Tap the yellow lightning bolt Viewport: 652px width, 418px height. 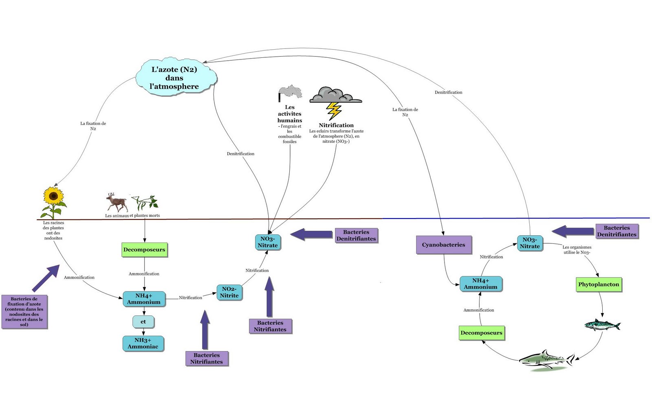[334, 110]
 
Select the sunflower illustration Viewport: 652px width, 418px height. [53, 201]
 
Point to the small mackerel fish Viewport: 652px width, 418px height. [602, 325]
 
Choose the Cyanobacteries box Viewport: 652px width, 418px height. [443, 245]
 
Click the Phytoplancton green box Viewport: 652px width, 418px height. [599, 285]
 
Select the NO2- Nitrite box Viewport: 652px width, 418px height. [229, 292]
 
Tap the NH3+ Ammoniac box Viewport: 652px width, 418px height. [143, 344]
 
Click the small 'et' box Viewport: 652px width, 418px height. [143, 322]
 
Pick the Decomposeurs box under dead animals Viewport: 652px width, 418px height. [144, 249]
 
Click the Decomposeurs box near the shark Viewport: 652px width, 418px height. [481, 333]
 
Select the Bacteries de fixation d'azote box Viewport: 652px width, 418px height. [24, 312]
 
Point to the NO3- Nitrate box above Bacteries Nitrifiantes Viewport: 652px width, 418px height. [268, 242]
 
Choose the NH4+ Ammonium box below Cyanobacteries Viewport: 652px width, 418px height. [480, 284]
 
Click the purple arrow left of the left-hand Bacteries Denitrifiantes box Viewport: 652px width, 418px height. [311, 234]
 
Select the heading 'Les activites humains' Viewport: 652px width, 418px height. [290, 114]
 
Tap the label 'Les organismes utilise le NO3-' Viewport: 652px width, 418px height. [577, 249]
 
